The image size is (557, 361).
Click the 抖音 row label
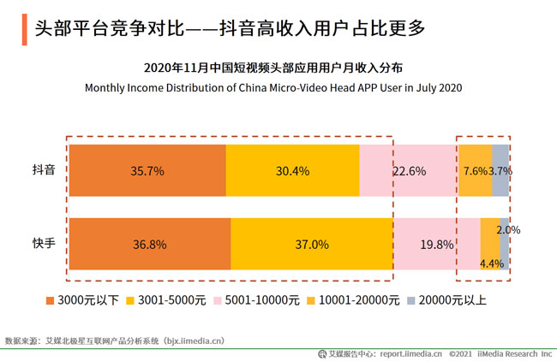[44, 170]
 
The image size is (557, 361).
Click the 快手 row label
[44, 244]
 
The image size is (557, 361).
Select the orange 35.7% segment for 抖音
[147, 170]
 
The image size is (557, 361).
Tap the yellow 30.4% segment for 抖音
[292, 170]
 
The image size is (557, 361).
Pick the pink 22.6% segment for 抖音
[409, 170]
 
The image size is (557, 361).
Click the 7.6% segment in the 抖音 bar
[476, 170]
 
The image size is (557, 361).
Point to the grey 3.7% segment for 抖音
[500, 170]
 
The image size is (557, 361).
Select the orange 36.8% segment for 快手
[149, 244]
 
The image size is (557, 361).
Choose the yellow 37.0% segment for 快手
[312, 244]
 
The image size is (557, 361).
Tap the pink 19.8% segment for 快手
[436, 244]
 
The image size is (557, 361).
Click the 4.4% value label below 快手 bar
[491, 263]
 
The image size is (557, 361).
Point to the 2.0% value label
[508, 230]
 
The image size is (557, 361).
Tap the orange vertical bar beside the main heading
[23, 27]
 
